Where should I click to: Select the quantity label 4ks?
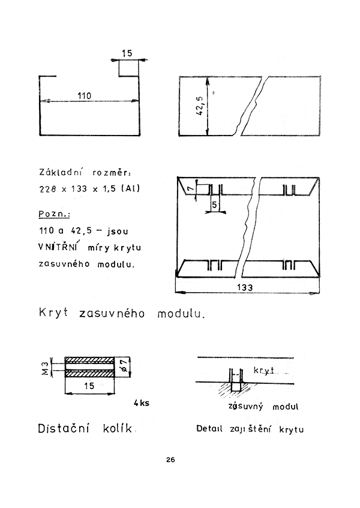(141, 402)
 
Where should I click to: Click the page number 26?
(170, 460)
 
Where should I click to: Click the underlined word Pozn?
(53, 214)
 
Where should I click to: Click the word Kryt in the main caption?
(55, 314)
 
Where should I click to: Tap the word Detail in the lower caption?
(209, 429)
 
